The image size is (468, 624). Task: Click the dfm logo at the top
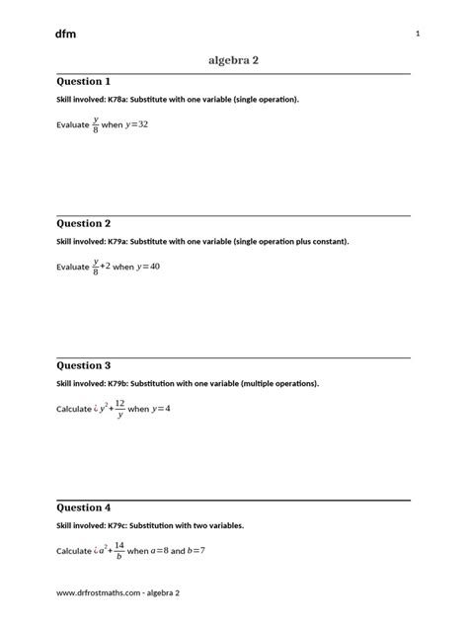(x=66, y=34)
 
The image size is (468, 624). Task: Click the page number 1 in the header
(x=419, y=35)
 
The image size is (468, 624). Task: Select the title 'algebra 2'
(x=234, y=60)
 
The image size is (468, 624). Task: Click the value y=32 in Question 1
(x=143, y=126)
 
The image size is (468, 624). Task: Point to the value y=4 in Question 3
(x=162, y=409)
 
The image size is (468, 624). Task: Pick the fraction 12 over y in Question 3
(x=119, y=409)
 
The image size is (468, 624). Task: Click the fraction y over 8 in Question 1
(x=97, y=126)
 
